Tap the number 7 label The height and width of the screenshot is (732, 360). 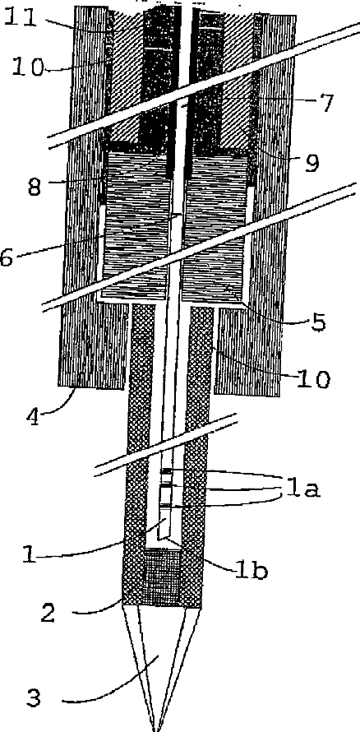tap(325, 102)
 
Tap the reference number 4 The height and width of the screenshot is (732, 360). tap(33, 413)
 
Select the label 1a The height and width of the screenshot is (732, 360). tap(303, 488)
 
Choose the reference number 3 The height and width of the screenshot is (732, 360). tap(33, 698)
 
